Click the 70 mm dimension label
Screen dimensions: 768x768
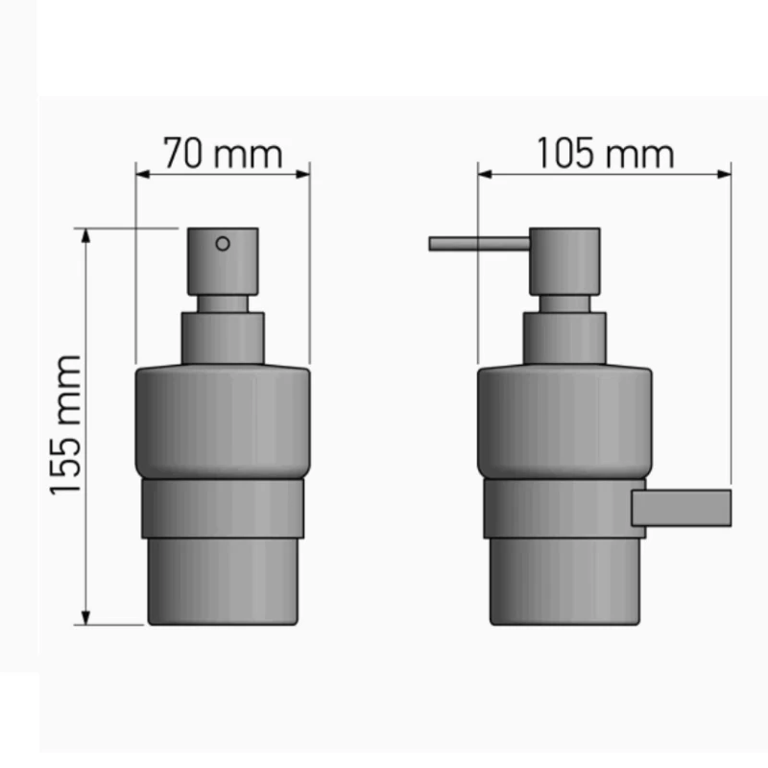223,154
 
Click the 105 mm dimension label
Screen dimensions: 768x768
606,154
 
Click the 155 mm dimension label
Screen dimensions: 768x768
65,425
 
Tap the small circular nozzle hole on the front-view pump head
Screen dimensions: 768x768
223,244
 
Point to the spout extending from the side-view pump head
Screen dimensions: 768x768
479,244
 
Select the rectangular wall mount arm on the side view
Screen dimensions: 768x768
682,508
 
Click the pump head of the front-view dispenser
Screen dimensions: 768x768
223,261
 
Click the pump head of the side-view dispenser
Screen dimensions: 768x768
564,261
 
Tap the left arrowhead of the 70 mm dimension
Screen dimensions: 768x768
142,174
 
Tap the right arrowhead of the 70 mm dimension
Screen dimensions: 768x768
303,174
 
